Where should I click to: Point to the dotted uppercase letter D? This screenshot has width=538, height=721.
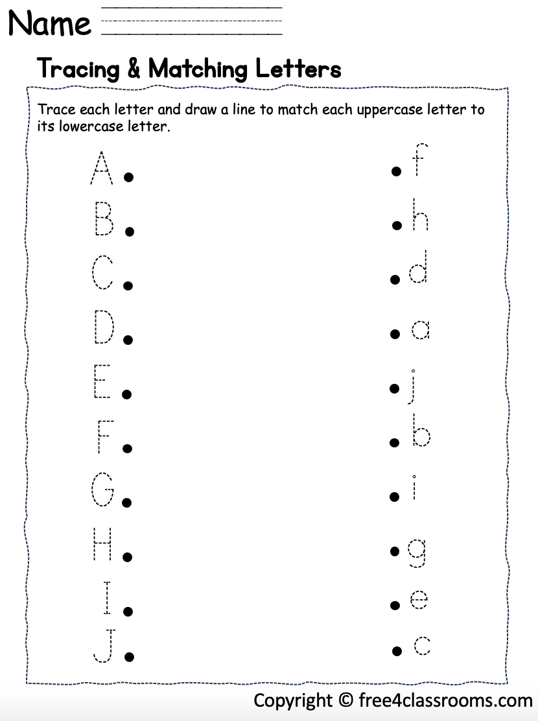click(x=104, y=327)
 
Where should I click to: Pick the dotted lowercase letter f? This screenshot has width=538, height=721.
click(x=419, y=160)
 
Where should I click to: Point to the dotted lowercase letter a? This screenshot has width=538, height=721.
click(x=420, y=331)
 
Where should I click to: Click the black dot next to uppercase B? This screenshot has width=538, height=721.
click(x=129, y=231)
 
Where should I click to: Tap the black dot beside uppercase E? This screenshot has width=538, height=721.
click(x=128, y=394)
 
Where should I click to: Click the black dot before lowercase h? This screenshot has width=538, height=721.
click(x=397, y=225)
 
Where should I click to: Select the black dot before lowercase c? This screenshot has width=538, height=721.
click(x=395, y=650)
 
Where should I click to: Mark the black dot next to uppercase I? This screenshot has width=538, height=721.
click(x=128, y=611)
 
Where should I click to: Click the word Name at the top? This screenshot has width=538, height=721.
click(x=50, y=24)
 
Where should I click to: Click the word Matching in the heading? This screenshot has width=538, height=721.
click(x=195, y=69)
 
